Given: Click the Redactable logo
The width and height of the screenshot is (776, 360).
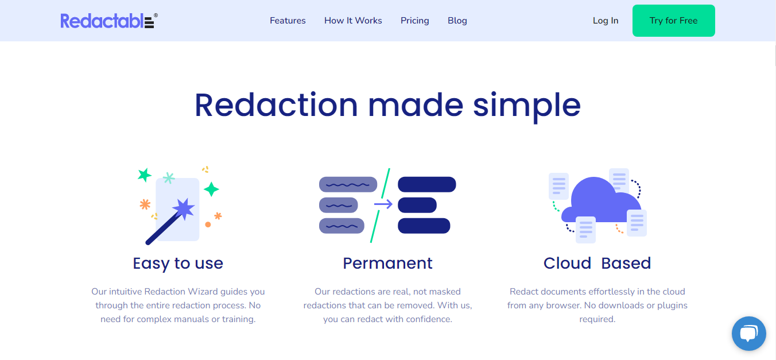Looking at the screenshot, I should point(108,21).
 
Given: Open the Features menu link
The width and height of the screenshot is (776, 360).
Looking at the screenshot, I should point(288,21).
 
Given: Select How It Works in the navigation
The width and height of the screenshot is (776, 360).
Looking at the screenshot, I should point(353,21).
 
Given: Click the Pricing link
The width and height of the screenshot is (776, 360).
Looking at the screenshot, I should point(414,21).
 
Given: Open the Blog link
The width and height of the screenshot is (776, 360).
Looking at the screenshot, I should point(457,21).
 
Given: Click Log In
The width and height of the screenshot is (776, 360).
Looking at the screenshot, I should point(606,21).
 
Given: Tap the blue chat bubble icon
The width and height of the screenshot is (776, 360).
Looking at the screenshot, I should point(749,334).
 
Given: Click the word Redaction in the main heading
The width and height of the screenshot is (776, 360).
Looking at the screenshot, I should point(276,105).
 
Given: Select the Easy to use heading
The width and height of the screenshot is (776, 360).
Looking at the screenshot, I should point(178,263).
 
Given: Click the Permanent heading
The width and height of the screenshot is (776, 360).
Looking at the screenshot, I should point(387,263).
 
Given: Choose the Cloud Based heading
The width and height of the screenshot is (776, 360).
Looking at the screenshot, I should point(597,263).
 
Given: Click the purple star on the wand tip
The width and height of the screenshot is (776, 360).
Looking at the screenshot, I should point(184,207).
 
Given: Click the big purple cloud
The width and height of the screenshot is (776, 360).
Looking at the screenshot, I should point(600,201).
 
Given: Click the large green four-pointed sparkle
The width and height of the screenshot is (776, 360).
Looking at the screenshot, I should point(211,189).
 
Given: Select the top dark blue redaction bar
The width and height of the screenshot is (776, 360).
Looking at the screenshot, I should point(426,184).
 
